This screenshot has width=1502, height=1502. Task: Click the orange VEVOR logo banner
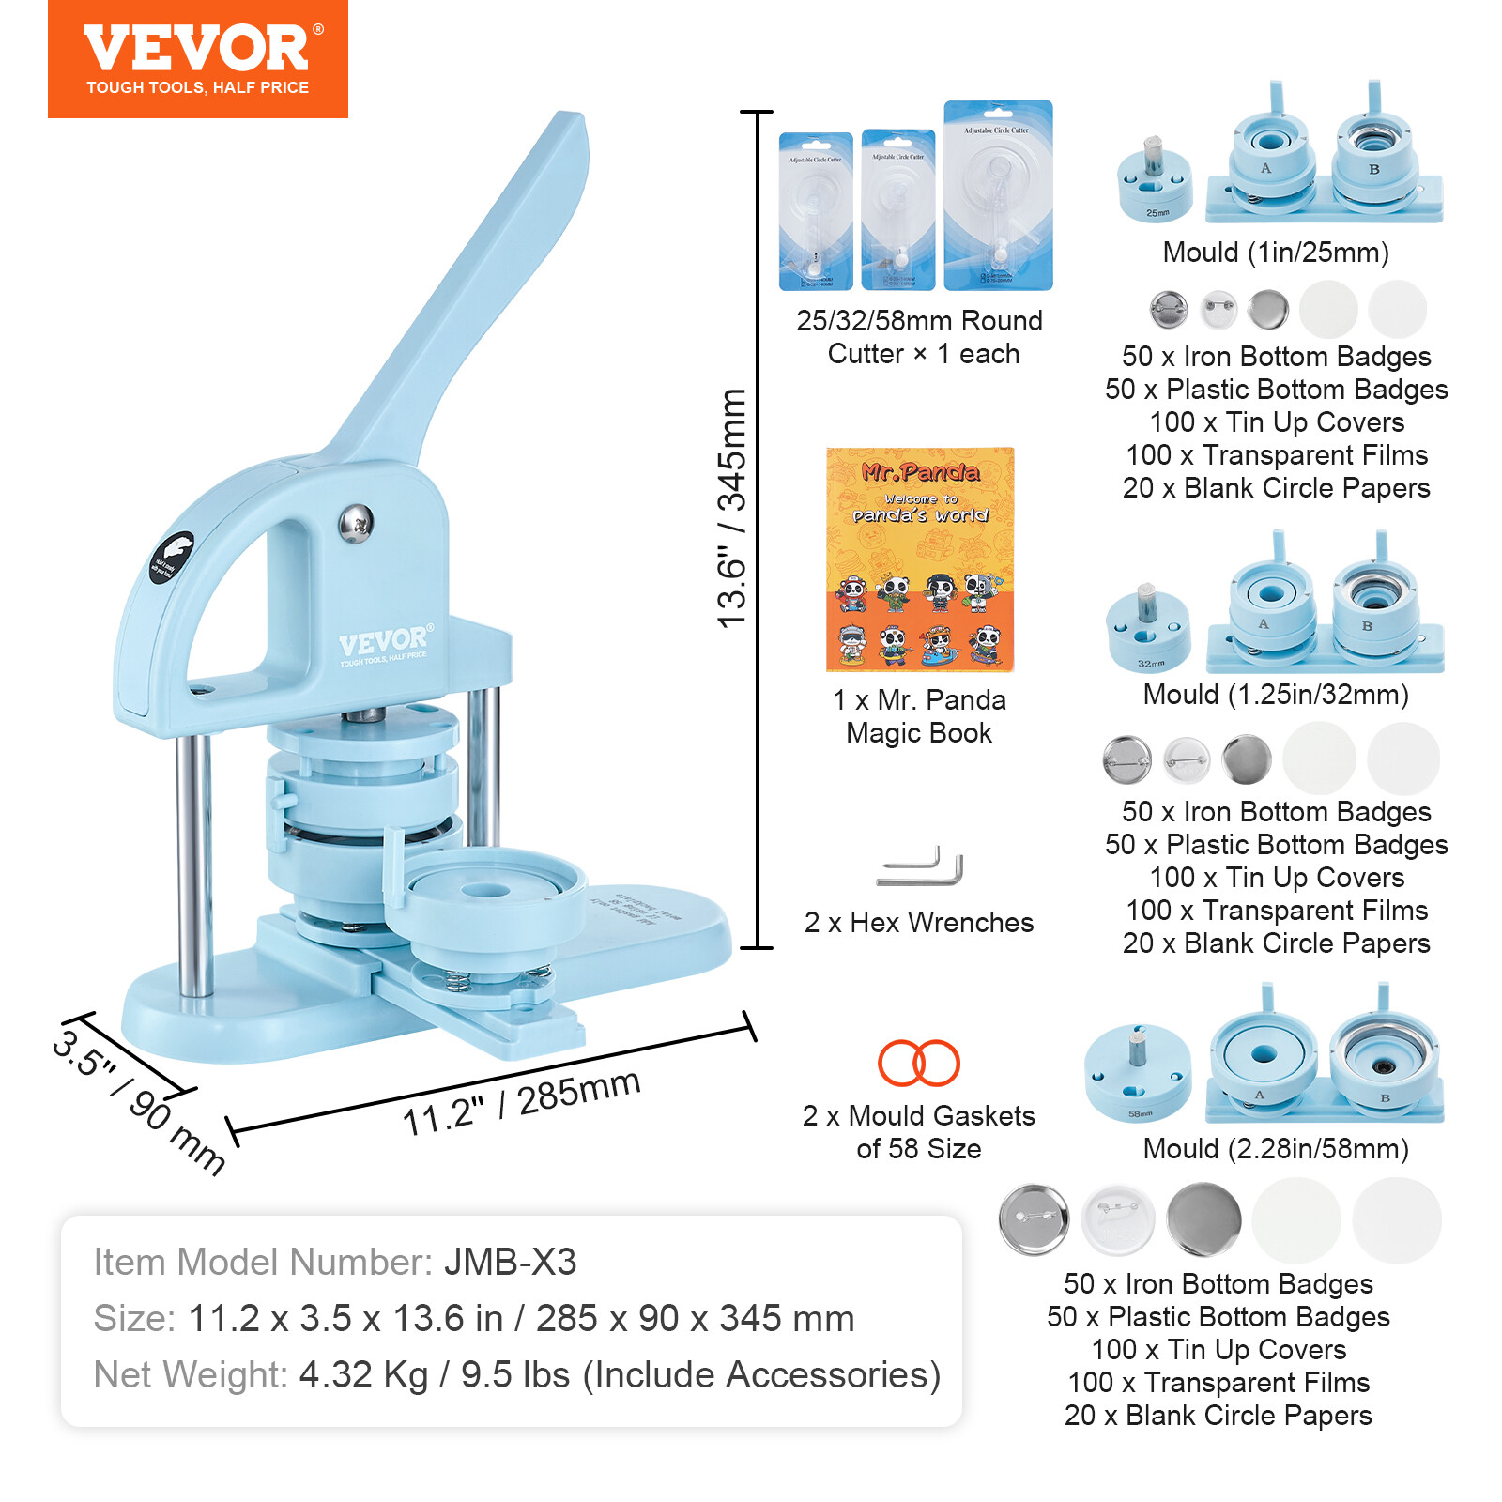[x=197, y=58]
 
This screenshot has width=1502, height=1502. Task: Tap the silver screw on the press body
[x=356, y=524]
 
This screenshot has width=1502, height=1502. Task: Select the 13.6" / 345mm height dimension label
[x=731, y=508]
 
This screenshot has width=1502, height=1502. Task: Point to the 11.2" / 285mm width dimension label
[x=521, y=1102]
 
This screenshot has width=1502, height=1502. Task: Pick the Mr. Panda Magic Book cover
[x=919, y=559]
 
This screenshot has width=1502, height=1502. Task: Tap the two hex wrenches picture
[x=920, y=867]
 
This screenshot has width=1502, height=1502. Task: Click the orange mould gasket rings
[x=918, y=1064]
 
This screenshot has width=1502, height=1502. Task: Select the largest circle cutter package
[x=998, y=195]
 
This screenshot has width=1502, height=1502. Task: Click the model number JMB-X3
[x=510, y=1263]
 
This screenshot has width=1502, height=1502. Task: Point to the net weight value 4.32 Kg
[x=363, y=1375]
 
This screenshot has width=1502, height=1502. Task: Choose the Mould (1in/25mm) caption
[x=1276, y=253]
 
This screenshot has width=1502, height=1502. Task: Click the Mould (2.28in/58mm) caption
[x=1276, y=1149]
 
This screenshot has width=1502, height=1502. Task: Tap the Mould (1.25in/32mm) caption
[x=1276, y=695]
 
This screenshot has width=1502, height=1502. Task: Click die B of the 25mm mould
[x=1373, y=156]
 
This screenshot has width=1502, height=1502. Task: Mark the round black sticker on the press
[x=171, y=558]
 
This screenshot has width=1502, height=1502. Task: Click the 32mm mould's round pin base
[x=1148, y=631]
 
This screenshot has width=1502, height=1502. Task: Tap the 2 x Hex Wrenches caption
[x=919, y=923]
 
